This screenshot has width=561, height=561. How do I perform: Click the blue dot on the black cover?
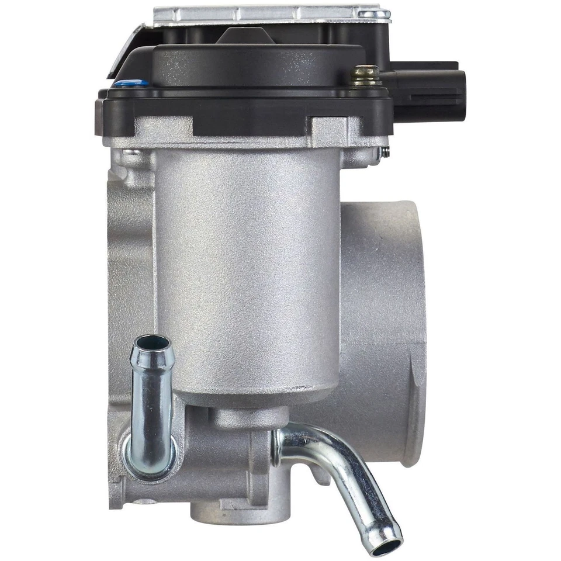(x=123, y=84)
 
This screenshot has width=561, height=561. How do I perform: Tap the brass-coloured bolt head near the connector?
(x=366, y=75)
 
